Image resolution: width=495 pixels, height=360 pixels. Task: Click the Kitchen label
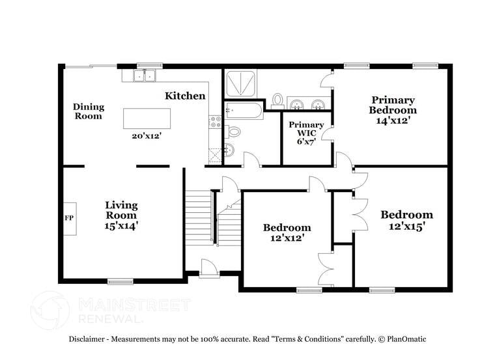[x=185, y=96]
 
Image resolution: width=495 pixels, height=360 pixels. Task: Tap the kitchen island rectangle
[x=147, y=119]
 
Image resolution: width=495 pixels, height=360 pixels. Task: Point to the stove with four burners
[x=215, y=120]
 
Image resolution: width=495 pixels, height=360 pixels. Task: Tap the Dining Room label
[x=87, y=111]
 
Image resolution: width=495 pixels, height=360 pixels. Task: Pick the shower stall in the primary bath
[x=241, y=84]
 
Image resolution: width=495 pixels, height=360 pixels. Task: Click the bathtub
[x=244, y=111]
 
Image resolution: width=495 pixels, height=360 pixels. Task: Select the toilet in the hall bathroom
[x=234, y=132]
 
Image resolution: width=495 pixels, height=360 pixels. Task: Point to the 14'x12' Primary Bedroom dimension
[x=393, y=120]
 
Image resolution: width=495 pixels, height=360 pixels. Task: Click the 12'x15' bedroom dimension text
[x=406, y=226]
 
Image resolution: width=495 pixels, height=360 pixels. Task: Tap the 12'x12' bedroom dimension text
[x=287, y=239]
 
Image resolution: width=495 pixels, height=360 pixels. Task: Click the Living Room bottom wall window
[x=120, y=282]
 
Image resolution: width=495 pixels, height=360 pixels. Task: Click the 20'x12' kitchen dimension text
[x=147, y=136]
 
